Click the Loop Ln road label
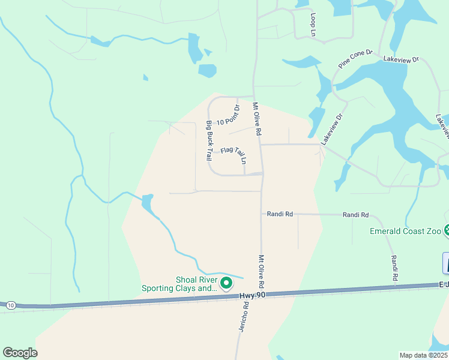(313, 25)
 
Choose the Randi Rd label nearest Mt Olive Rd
(280, 214)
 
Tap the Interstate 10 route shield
(11, 305)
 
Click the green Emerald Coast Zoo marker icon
(447, 230)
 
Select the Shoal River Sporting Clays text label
(179, 284)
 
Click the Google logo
(20, 352)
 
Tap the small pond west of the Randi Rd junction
(148, 203)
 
